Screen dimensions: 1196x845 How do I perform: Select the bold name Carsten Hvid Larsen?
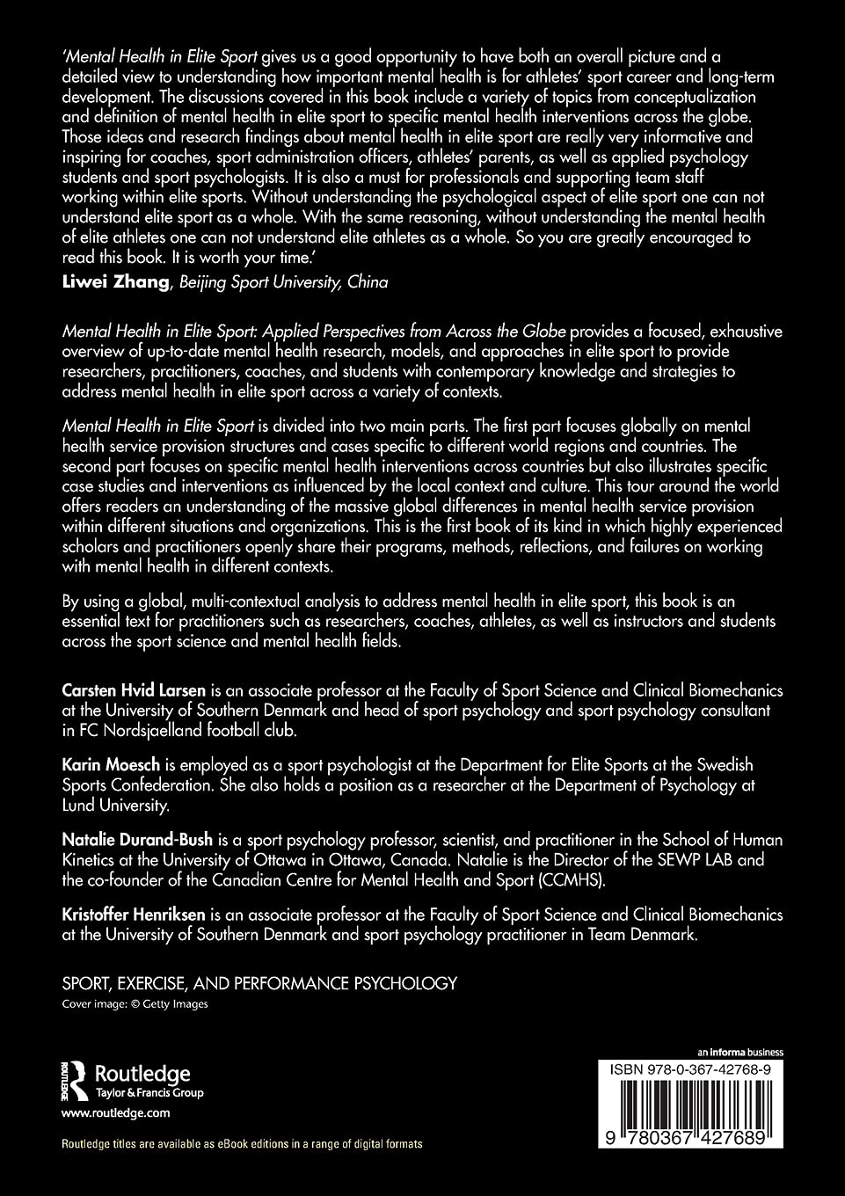pos(134,690)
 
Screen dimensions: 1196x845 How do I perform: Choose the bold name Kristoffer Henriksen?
pos(141,915)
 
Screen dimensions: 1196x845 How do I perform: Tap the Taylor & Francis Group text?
pos(149,1093)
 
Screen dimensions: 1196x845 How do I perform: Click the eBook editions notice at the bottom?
pos(242,1144)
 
